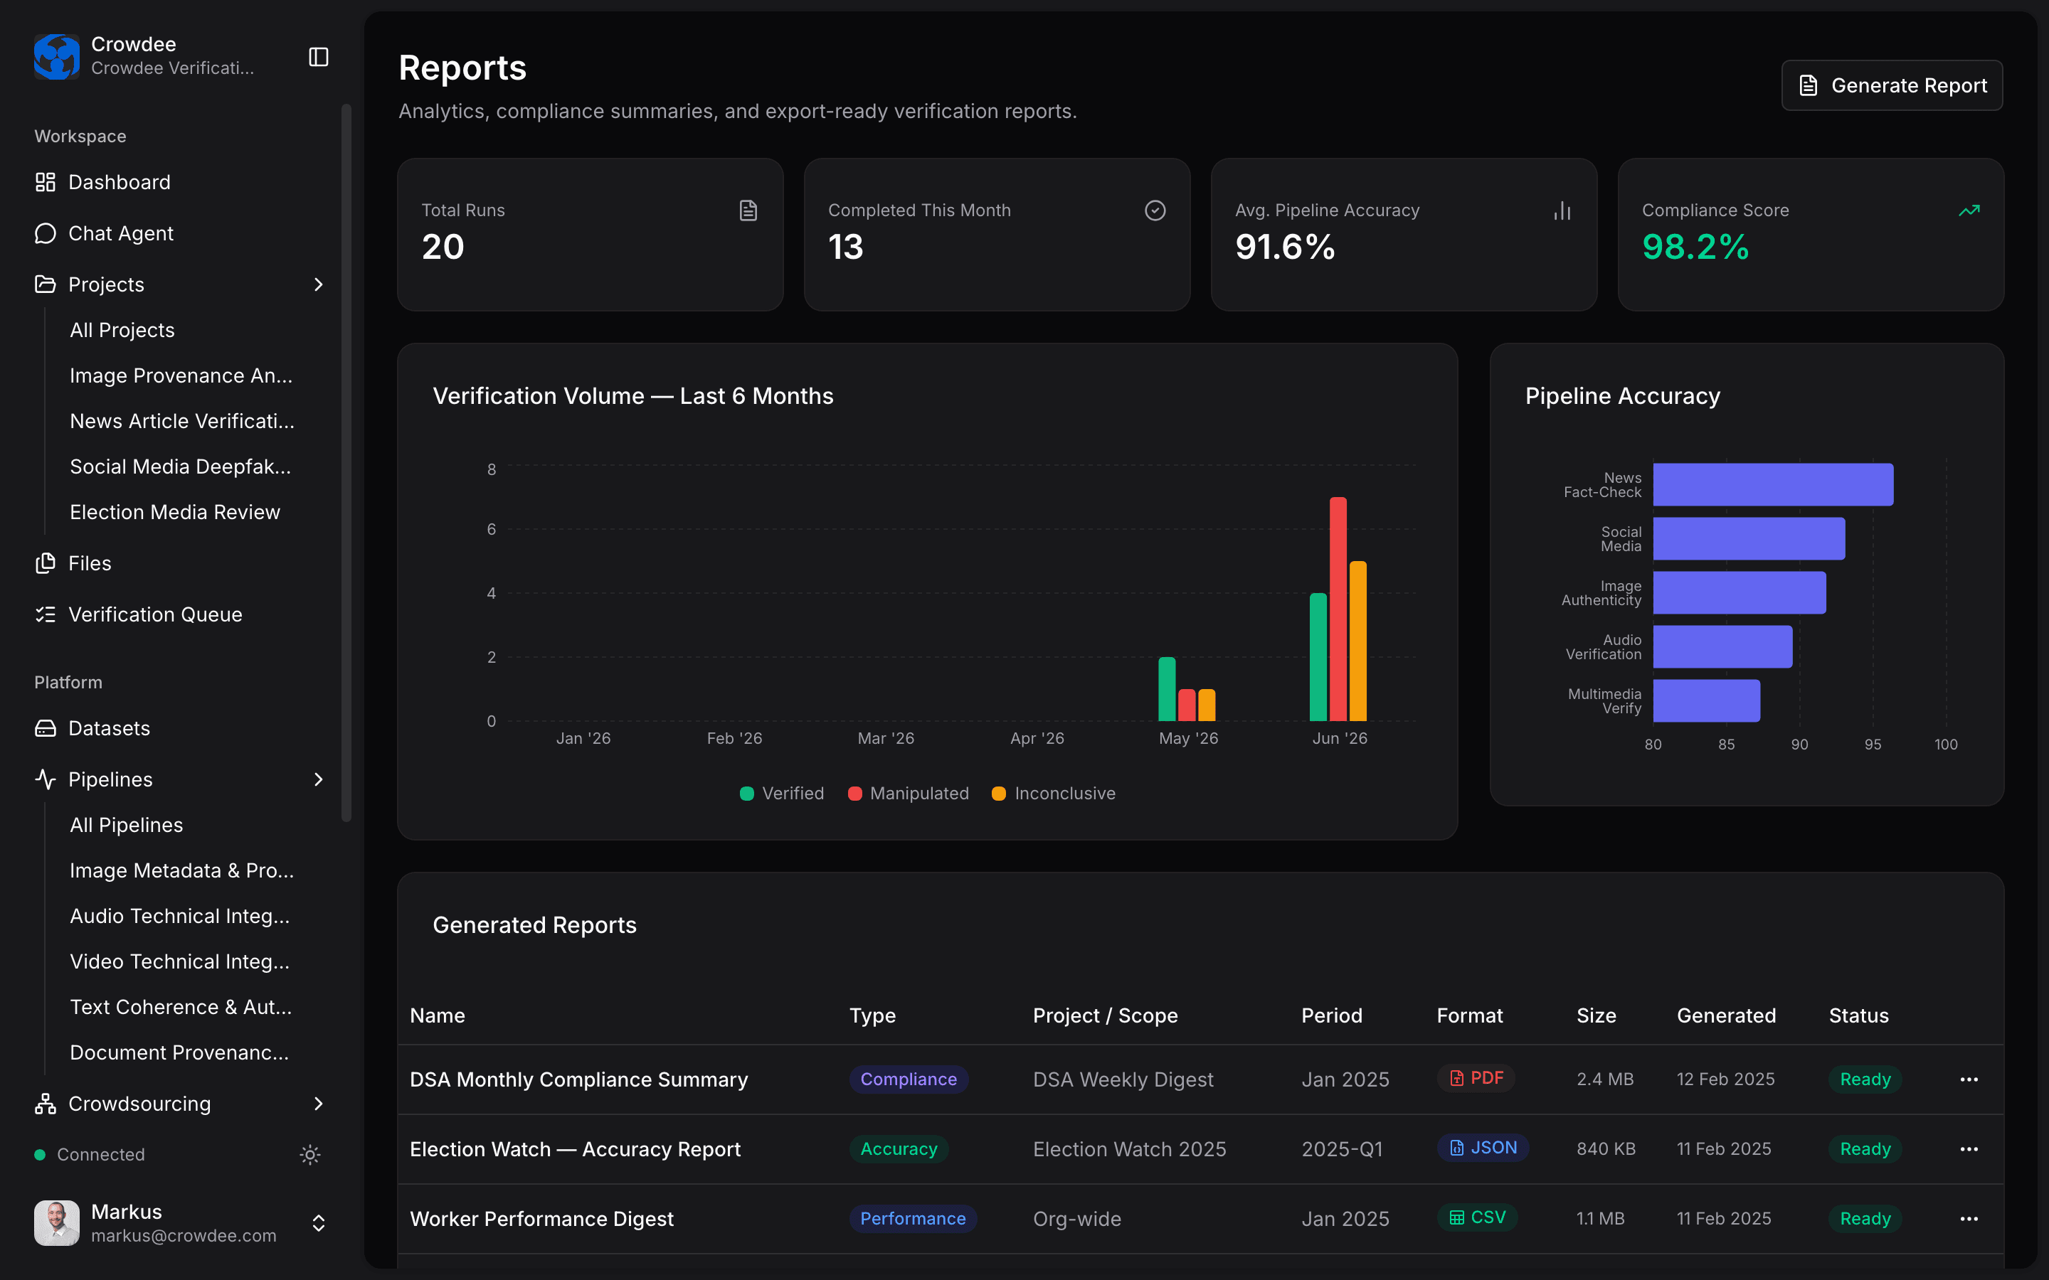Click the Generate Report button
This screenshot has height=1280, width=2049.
tap(1892, 85)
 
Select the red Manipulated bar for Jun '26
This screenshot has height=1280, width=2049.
tap(1338, 609)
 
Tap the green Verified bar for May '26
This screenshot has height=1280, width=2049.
tap(1167, 689)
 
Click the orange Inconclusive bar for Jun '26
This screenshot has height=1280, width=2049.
tap(1358, 641)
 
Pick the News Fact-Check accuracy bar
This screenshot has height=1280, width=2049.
tap(1773, 484)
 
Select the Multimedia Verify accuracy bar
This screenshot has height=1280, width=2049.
tap(1707, 701)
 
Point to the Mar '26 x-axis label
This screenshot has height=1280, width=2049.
tap(886, 738)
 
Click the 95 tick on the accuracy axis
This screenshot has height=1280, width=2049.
tap(1873, 744)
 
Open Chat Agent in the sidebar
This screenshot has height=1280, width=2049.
tap(120, 234)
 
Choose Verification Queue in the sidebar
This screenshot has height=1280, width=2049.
tap(155, 614)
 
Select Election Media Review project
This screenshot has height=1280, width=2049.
tap(174, 512)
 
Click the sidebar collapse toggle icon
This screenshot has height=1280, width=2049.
tap(318, 57)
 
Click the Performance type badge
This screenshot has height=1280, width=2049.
tap(913, 1218)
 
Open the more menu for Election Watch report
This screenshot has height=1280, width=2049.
tap(1969, 1148)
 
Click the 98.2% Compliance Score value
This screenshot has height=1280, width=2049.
tap(1695, 247)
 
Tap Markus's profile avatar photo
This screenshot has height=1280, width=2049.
tap(57, 1222)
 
